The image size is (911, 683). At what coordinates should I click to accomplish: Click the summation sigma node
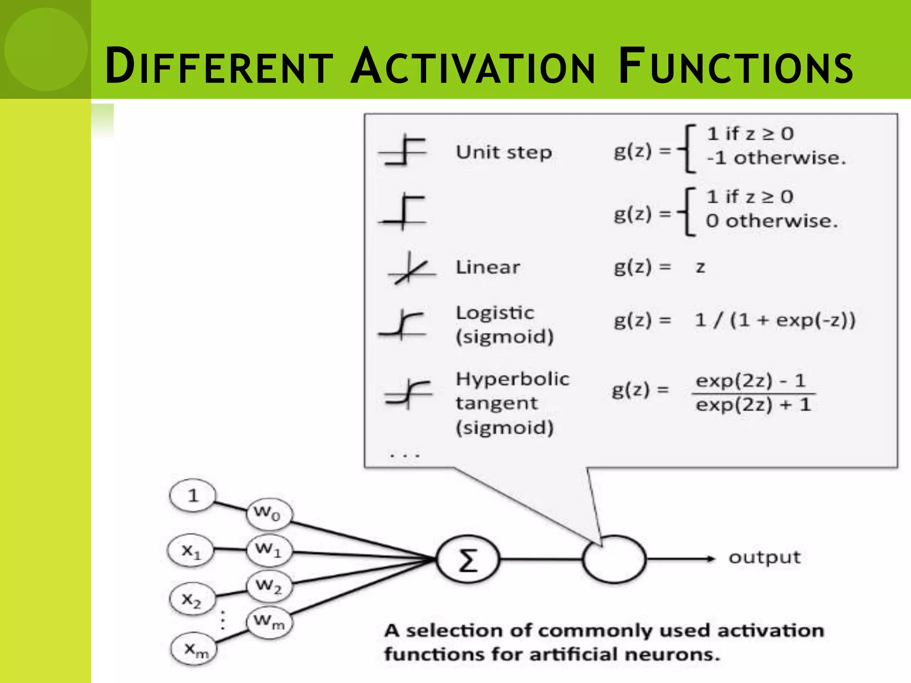click(x=468, y=559)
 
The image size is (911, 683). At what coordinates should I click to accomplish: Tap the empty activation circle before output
click(x=614, y=559)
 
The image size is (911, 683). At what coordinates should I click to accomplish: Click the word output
click(x=764, y=558)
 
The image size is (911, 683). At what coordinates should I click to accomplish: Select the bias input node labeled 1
click(x=193, y=495)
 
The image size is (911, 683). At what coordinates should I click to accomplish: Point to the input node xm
click(x=194, y=650)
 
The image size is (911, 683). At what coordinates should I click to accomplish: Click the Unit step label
click(x=504, y=153)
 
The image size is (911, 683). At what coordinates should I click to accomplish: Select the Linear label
click(x=488, y=267)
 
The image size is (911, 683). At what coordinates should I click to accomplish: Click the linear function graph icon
click(x=411, y=268)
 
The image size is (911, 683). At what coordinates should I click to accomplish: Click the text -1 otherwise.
click(x=776, y=158)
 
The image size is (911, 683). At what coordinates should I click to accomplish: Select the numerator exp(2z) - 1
click(x=750, y=381)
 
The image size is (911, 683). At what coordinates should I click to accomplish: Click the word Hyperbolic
click(x=512, y=379)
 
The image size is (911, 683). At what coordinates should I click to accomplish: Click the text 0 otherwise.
click(x=772, y=221)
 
